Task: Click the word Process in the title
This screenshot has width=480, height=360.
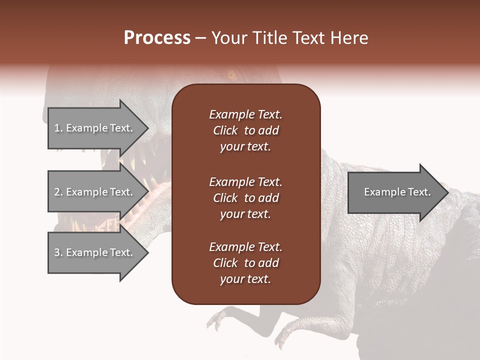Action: pyautogui.click(x=157, y=38)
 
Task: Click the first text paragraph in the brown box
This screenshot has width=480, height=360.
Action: pyautogui.click(x=245, y=130)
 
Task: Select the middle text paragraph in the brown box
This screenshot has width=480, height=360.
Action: pyautogui.click(x=245, y=198)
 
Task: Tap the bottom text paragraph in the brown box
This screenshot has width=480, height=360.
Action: pyautogui.click(x=245, y=263)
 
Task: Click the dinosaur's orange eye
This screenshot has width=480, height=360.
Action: pyautogui.click(x=232, y=76)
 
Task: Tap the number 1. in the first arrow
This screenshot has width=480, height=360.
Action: pyautogui.click(x=58, y=128)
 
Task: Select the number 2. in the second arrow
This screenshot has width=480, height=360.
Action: pyautogui.click(x=58, y=192)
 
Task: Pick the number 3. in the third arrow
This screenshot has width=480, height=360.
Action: pyautogui.click(x=58, y=252)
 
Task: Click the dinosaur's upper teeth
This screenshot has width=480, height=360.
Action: pyautogui.click(x=125, y=160)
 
